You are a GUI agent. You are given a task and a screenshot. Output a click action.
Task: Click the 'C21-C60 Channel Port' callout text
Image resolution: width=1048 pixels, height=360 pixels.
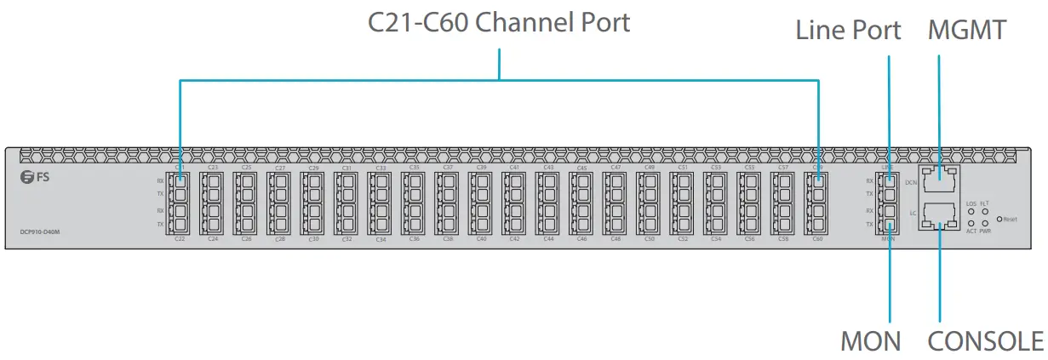499,22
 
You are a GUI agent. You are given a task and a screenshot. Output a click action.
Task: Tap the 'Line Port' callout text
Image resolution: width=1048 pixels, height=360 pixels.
848,31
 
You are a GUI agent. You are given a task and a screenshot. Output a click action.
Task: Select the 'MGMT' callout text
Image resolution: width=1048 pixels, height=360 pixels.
968,31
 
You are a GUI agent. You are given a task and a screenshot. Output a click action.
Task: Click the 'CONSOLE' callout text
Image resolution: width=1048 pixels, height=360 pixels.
985,341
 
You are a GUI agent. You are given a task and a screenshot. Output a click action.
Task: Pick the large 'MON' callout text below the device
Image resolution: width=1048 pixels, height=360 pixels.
870,341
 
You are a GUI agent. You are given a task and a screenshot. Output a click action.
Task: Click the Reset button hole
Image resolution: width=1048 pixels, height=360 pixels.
999,219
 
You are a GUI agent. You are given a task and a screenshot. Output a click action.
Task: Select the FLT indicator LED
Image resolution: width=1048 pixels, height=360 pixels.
985,211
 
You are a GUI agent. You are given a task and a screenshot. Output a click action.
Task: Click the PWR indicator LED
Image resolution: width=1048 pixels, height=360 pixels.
985,223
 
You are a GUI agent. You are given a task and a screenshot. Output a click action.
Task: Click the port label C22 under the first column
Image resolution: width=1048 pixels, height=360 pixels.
180,240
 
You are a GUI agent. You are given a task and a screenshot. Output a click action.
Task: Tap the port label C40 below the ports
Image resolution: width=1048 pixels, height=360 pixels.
481,240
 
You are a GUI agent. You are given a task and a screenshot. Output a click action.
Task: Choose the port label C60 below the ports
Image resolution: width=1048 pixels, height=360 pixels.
817,240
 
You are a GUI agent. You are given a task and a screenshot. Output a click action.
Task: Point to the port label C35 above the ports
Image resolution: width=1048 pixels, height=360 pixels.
415,168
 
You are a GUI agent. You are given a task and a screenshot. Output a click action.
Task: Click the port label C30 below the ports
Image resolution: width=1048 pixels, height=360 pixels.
313,240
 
